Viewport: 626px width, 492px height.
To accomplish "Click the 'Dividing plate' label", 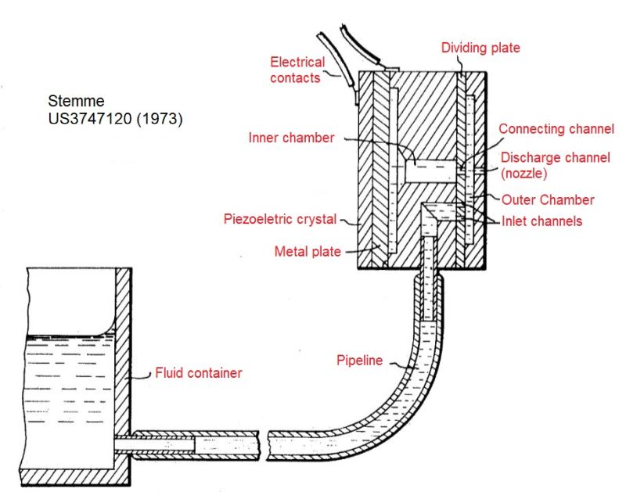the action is [480, 48].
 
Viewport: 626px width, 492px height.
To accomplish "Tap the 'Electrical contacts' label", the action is [297, 70].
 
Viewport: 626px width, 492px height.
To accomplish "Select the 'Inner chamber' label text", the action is [291, 138].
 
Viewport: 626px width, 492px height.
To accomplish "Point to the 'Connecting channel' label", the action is [556, 129].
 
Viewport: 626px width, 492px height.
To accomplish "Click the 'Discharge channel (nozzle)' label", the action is [556, 165].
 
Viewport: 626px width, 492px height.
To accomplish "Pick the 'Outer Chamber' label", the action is [548, 199].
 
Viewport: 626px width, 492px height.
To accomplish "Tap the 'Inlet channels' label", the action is [541, 221].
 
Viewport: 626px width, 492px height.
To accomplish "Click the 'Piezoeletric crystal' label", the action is [280, 219].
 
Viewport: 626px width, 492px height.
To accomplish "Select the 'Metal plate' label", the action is [308, 251].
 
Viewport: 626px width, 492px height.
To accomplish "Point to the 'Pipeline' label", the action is [359, 361].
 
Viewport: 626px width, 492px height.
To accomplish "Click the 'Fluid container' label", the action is [199, 372].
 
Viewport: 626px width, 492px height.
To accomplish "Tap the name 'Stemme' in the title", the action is [76, 101].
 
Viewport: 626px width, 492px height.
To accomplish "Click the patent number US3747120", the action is [90, 119].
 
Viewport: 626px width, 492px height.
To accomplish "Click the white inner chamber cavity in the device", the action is [430, 171].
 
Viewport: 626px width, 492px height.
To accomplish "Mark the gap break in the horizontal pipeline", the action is [263, 445].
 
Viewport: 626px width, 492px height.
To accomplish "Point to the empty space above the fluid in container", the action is [71, 301].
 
